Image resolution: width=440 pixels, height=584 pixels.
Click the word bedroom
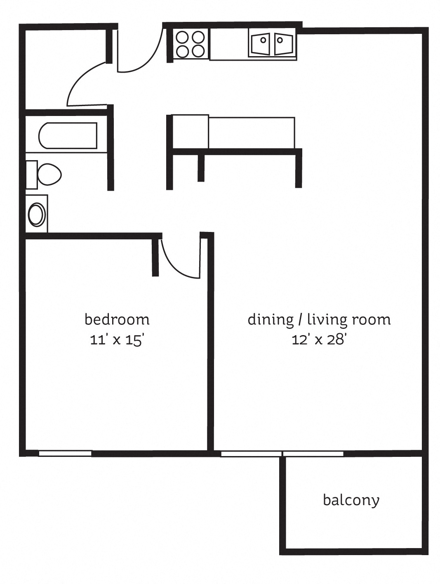117,319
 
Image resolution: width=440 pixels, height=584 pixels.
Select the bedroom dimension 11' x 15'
117,340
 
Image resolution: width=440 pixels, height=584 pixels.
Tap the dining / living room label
319,319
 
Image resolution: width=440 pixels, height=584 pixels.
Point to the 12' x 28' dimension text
319,340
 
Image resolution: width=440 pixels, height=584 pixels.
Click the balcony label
351,500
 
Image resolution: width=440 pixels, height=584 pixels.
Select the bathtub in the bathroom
68,135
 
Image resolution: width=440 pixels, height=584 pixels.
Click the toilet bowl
49,174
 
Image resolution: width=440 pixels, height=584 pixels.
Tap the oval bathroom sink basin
37,214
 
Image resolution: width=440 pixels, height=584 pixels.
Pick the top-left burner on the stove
182,38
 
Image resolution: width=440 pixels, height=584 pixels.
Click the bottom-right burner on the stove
198,51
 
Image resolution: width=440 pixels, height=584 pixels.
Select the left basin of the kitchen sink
260,43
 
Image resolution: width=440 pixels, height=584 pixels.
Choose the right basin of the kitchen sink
283,43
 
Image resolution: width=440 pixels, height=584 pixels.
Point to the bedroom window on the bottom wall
65,454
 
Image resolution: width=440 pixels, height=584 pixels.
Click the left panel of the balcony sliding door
251,454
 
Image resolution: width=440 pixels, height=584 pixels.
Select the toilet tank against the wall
31,174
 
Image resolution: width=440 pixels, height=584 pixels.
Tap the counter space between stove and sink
228,44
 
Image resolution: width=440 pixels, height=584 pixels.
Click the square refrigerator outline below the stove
190,131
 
